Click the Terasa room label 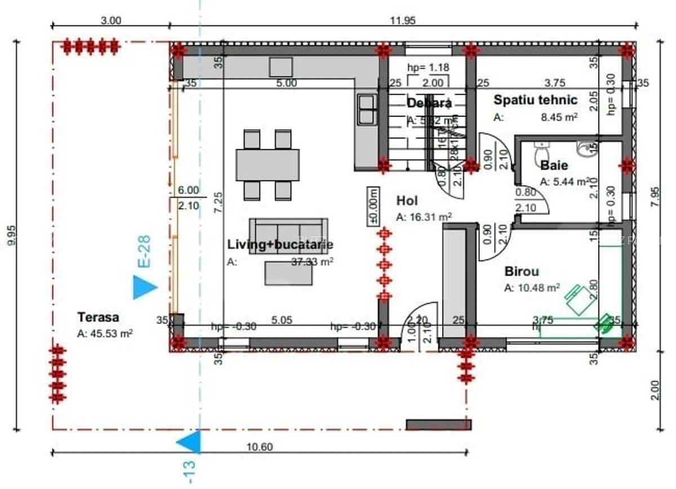99,317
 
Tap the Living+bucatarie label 280,244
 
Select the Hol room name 407,201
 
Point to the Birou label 521,272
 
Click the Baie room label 554,166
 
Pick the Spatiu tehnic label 535,100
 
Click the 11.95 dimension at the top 402,21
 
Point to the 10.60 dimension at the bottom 259,447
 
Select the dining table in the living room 267,165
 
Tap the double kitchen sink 367,109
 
